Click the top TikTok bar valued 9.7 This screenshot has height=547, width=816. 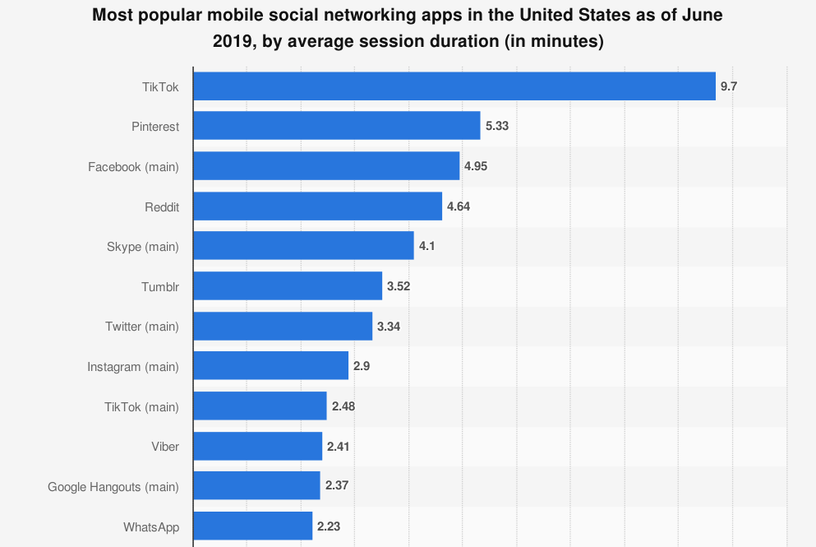coord(454,86)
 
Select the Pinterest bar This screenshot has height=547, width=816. coord(337,126)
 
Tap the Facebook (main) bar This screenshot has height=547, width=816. coord(326,166)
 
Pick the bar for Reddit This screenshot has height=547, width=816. coord(318,206)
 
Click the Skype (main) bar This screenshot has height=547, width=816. coord(303,246)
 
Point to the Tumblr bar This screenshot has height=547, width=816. coord(288,286)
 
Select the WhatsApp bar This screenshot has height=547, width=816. coord(253,526)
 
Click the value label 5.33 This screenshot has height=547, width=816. coord(497,126)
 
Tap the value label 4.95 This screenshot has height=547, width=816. coord(476,166)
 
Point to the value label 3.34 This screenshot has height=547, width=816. coord(389,327)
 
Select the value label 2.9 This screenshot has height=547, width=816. coord(362,366)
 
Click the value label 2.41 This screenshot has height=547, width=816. coord(339,447)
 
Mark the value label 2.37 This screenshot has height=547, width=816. coord(337,486)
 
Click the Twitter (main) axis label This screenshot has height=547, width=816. coord(142,327)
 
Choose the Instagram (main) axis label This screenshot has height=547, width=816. coord(133,366)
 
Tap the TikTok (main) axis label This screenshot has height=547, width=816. coord(141,406)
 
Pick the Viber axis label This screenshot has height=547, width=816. coord(165,447)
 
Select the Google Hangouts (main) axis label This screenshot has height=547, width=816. coord(113,486)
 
